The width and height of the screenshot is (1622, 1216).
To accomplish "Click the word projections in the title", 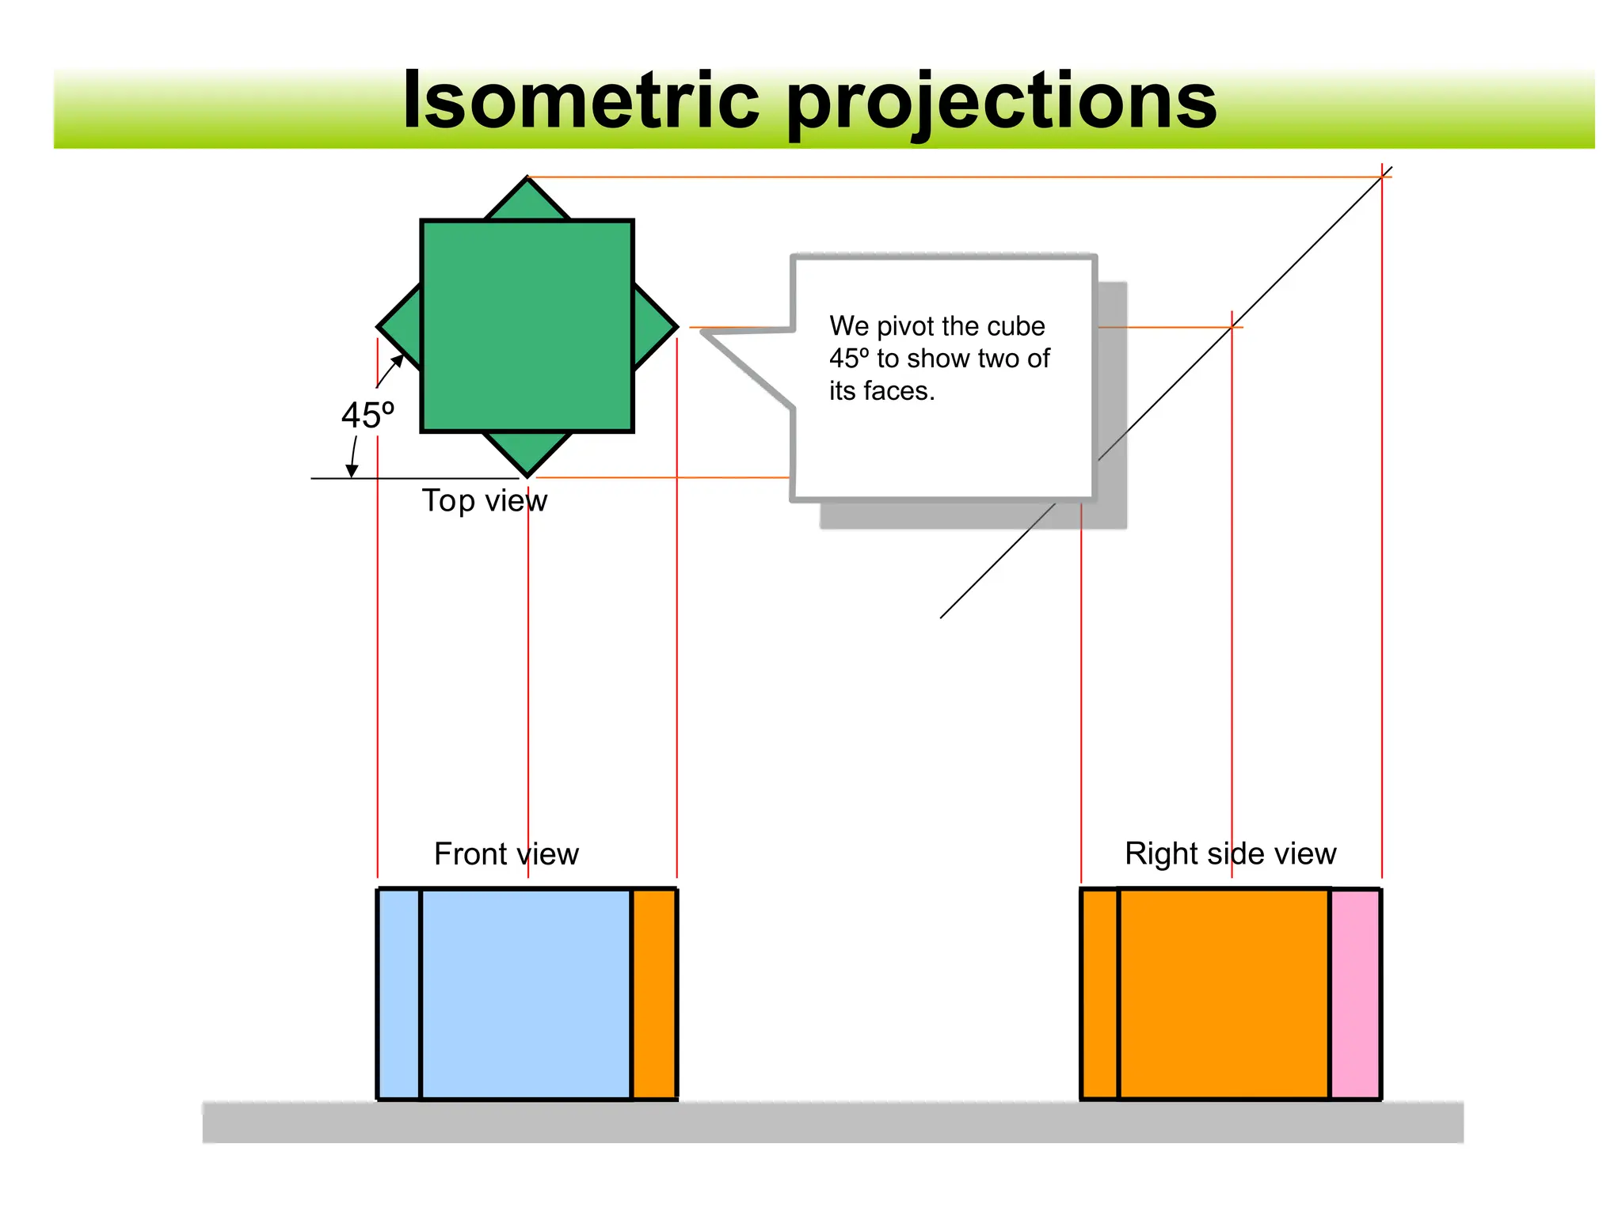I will tap(1001, 103).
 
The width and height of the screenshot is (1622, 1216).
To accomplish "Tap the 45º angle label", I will tap(367, 415).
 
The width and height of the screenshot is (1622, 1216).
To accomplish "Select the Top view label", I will tap(484, 500).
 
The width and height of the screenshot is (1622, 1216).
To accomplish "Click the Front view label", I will tap(506, 853).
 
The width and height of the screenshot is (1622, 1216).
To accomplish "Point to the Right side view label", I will tap(1230, 853).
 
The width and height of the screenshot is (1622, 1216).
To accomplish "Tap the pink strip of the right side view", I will tap(1355, 994).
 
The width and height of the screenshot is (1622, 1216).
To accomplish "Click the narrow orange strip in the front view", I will tap(654, 994).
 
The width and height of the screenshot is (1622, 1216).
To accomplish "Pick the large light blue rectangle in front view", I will tap(526, 994).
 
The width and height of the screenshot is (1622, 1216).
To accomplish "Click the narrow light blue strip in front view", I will tap(399, 994).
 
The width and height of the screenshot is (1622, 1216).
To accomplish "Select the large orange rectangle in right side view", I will tap(1224, 994).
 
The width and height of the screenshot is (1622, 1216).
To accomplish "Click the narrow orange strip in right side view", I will tap(1100, 994).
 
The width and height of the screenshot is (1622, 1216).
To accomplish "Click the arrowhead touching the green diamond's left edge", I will tap(398, 362).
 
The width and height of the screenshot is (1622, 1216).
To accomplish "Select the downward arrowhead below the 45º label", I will tap(352, 471).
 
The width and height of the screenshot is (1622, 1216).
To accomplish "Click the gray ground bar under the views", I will tap(832, 1122).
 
